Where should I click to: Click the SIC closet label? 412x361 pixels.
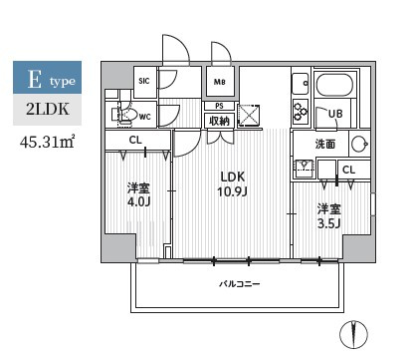(144, 81)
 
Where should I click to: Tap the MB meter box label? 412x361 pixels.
(219, 82)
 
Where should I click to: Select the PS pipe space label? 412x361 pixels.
(219, 106)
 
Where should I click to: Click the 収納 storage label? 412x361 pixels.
(219, 121)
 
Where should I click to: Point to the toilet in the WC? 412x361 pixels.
(125, 115)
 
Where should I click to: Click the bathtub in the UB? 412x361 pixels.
(336, 85)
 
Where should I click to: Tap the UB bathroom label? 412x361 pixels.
(335, 114)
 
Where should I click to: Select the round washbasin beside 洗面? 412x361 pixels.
(360, 145)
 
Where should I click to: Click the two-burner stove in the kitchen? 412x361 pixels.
(301, 111)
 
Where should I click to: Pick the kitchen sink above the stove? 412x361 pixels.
(301, 84)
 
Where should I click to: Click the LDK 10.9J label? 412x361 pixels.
(233, 183)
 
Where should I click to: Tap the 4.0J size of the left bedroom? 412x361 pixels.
(139, 201)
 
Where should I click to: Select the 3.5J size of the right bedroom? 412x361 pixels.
(329, 223)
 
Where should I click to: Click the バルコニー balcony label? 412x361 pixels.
(240, 284)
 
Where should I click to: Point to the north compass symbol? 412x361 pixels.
(353, 334)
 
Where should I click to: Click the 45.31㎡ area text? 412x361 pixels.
(47, 142)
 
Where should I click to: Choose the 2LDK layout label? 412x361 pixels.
(48, 110)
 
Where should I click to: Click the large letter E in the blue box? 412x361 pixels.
(35, 80)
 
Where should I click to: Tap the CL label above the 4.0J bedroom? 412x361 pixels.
(135, 140)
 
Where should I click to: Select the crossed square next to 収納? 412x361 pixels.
(249, 115)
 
